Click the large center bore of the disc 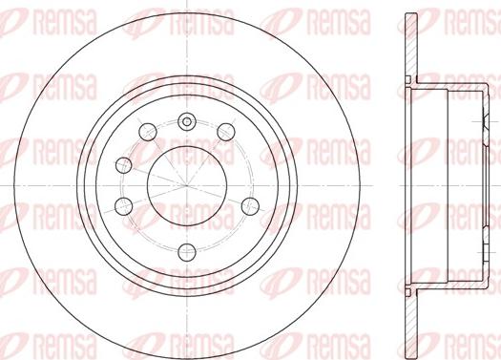click(185, 182)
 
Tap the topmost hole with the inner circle click(185, 120)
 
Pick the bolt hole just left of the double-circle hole click(146, 131)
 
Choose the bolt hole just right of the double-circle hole click(225, 131)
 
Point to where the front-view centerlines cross click(185, 182)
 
